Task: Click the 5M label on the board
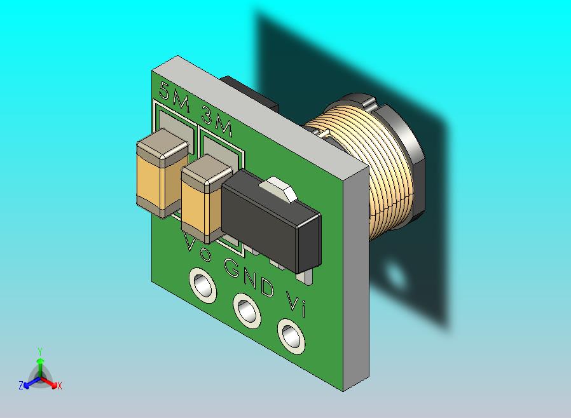174,98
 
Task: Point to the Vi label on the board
296,304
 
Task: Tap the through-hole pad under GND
247,310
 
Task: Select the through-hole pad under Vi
291,335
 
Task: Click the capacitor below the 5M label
161,172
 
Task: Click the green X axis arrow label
59,386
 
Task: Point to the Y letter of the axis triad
39,351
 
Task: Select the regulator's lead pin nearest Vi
306,276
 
